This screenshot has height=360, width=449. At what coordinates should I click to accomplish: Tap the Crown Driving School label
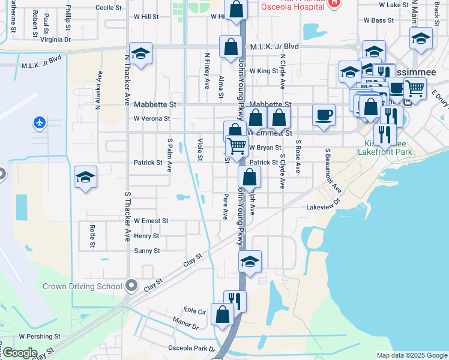click(82, 286)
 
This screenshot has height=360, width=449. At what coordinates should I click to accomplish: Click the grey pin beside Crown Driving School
click(132, 286)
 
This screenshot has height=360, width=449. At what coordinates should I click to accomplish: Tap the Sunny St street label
click(147, 251)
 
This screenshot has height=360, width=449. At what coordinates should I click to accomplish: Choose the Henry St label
click(147, 236)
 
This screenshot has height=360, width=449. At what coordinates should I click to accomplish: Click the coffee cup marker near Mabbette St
click(324, 115)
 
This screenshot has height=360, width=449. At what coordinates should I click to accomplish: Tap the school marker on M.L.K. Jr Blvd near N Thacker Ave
click(140, 54)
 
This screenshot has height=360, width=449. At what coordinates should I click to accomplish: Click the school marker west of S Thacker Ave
click(85, 178)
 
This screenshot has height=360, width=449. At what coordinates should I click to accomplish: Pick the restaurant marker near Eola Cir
click(235, 301)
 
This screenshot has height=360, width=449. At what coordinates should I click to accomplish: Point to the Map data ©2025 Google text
click(412, 355)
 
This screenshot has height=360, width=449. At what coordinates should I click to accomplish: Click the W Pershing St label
click(40, 337)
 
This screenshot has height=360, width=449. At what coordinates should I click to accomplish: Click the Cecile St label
click(109, 8)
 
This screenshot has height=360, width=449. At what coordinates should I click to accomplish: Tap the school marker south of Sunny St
click(250, 261)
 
